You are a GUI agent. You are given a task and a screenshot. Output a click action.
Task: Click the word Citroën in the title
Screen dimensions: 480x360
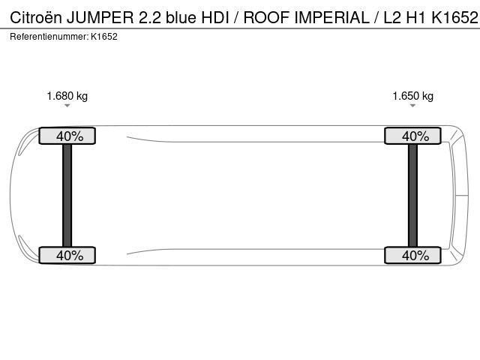pos(36,17)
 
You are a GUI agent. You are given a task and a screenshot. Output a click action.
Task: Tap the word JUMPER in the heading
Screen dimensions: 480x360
pos(100,17)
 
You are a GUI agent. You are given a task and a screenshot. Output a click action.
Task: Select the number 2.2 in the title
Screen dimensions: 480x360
pos(150,17)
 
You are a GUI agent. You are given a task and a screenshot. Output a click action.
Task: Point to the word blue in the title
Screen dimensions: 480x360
pos(181,17)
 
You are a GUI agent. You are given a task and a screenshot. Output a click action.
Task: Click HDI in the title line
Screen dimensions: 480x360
pos(215,17)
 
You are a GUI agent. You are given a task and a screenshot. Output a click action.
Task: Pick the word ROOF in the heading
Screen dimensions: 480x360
pos(266,17)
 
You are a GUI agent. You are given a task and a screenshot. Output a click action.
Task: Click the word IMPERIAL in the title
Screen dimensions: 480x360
pos(331,17)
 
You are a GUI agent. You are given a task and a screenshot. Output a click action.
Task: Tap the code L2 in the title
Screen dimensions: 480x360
pos(392,17)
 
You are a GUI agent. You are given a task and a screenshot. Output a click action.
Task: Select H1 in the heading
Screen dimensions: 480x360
pos(415,17)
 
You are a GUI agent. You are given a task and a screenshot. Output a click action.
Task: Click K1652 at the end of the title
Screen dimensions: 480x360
pos(454,17)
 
